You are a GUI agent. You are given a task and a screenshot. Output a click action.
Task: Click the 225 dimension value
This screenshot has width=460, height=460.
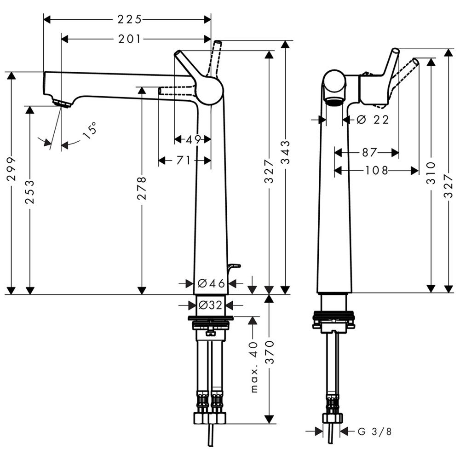[129, 19]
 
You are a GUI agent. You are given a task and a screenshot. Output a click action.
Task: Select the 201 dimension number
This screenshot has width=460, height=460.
[129, 39]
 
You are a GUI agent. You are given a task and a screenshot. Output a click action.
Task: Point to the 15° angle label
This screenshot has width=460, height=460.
[91, 130]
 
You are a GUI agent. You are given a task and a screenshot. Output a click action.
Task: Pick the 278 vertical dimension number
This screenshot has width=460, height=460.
[142, 189]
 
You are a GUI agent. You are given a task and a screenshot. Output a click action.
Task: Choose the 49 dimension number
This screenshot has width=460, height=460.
[193, 139]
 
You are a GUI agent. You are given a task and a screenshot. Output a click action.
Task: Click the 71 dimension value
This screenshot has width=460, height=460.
[184, 160]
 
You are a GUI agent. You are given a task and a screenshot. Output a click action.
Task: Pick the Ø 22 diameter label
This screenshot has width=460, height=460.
[373, 120]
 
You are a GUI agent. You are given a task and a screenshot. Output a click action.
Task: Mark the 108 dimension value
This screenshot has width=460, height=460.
[376, 171]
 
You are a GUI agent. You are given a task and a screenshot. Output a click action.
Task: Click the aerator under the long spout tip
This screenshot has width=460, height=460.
[62, 103]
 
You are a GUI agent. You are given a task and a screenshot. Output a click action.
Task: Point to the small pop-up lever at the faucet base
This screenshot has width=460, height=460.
[234, 266]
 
